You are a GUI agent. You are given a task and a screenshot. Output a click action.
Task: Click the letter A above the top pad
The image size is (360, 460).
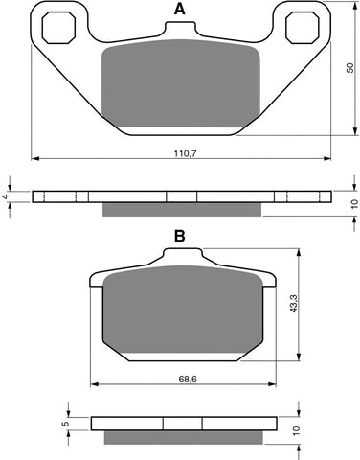179,11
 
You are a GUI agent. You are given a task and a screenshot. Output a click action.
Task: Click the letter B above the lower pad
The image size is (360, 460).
179,235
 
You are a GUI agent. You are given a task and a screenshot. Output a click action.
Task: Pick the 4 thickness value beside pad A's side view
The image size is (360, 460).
9,196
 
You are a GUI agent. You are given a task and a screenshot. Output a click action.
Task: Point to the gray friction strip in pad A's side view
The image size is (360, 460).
179,209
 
